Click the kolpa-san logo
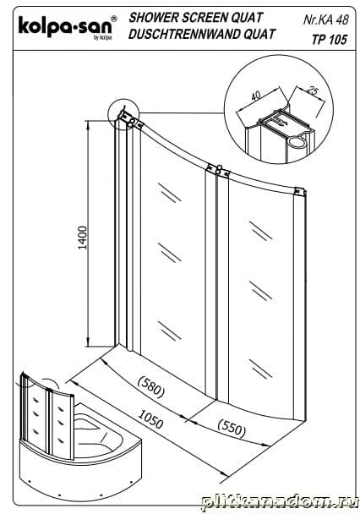coord(67,28)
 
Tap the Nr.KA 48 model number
coord(325,20)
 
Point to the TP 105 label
coord(329,40)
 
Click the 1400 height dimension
coord(83,238)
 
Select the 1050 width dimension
coord(150,419)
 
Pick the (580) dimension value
coord(151,387)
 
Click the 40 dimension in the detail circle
coord(256,96)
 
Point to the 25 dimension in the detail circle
coord(314,90)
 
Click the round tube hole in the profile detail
coord(297,143)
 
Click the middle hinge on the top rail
coord(217,171)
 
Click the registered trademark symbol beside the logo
coord(113,19)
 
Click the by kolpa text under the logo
coord(102,38)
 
